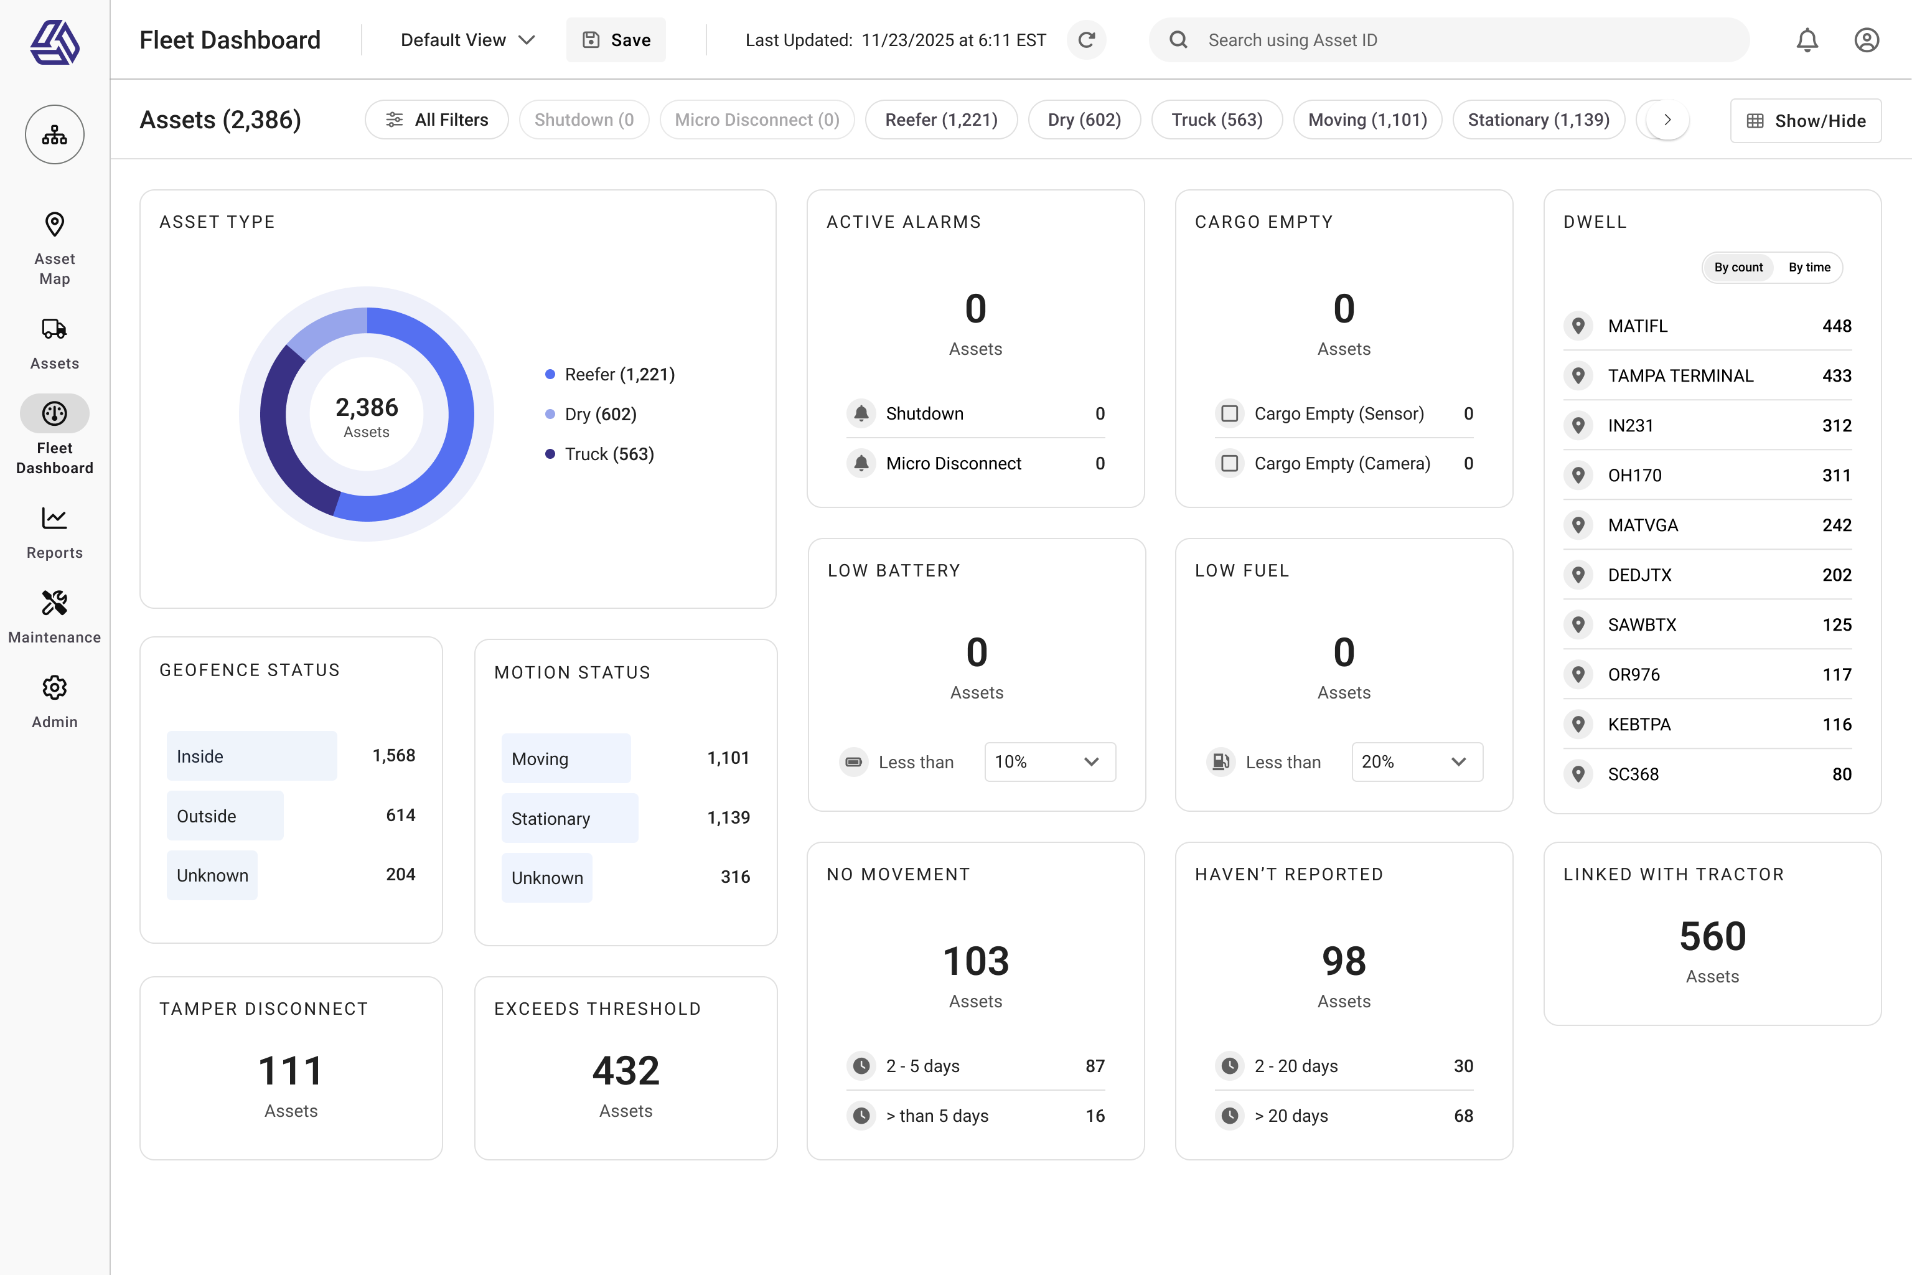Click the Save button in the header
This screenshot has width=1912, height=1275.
coord(616,40)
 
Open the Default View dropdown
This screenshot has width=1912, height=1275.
coord(467,40)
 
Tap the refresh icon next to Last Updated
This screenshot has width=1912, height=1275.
coord(1086,40)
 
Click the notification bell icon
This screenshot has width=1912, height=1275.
coord(1806,40)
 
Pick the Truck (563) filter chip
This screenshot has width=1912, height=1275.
coord(1216,120)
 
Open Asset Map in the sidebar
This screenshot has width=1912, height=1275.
coord(55,248)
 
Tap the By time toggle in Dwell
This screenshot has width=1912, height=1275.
coord(1809,268)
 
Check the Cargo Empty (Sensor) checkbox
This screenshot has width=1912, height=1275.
coord(1229,414)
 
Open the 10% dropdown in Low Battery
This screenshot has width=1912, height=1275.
coord(1049,762)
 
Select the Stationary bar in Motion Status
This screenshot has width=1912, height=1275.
coord(569,818)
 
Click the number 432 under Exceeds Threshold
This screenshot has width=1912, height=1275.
coord(625,1071)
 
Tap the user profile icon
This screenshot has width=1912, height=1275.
coord(1866,40)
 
